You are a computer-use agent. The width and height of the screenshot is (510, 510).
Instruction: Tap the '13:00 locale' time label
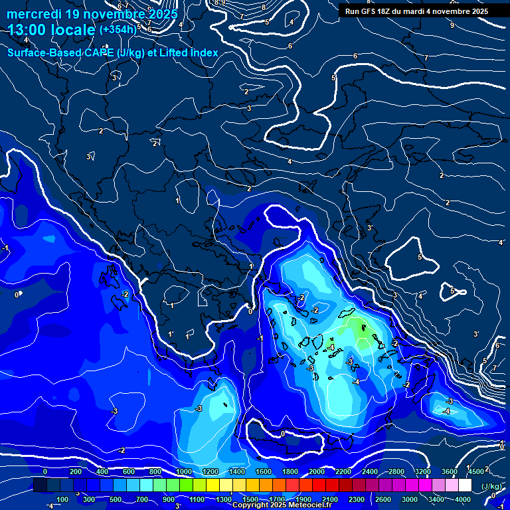click(52, 30)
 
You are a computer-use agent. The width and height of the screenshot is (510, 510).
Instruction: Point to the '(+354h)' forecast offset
click(118, 30)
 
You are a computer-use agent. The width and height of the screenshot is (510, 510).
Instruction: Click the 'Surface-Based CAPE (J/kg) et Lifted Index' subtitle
click(113, 52)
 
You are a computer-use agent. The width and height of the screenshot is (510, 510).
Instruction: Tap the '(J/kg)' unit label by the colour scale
click(492, 486)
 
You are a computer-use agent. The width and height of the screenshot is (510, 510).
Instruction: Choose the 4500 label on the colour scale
click(476, 471)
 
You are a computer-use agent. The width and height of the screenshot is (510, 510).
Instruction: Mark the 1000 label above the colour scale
click(184, 471)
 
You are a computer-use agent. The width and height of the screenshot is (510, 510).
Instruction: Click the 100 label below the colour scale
click(62, 499)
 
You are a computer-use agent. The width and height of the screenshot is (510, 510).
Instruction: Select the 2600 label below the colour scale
click(383, 499)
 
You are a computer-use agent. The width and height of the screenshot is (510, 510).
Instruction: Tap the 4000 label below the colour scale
click(463, 499)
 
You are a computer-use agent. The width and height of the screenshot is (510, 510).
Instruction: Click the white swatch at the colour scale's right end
click(465, 485)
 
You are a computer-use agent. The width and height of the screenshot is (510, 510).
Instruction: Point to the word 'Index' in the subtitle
click(203, 52)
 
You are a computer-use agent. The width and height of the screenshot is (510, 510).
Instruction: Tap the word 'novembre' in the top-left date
click(119, 14)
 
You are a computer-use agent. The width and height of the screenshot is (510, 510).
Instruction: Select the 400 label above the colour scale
click(102, 471)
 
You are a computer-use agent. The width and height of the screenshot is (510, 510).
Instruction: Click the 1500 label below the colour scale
click(250, 499)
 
